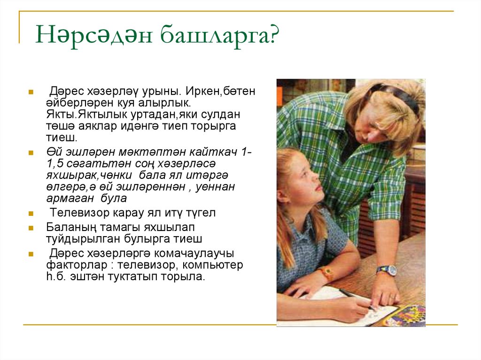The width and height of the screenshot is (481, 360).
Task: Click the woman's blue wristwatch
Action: [x=386, y=270]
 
